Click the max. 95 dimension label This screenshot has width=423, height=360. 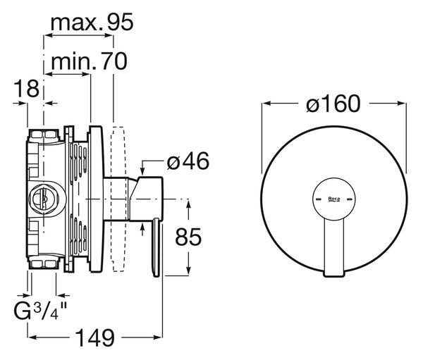coord(92,23)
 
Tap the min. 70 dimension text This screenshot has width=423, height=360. coord(89,61)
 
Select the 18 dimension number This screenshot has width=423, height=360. coord(27,89)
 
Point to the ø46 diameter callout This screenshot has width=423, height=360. coord(188,161)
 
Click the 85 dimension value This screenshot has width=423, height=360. coord(188,237)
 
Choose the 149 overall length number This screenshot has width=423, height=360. coord(95,337)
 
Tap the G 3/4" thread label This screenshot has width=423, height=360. coord(40,310)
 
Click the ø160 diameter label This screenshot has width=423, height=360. coord(333,104)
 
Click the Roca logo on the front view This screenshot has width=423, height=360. coord(334,199)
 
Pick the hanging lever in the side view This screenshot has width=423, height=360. coord(157,247)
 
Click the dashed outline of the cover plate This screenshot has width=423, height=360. coord(118,199)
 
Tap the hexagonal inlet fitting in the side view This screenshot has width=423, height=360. coord(43,199)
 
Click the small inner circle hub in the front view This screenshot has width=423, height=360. coord(334,199)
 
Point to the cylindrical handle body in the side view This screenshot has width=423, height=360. coord(146,199)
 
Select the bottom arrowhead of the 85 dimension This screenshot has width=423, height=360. coord(188,271)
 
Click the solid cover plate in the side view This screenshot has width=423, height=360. coord(95,199)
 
